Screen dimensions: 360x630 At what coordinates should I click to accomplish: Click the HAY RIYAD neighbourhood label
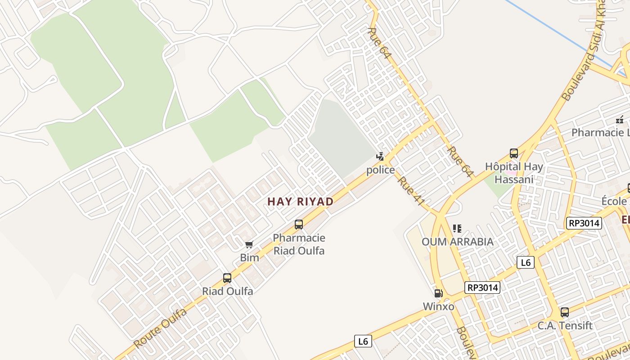[300, 202]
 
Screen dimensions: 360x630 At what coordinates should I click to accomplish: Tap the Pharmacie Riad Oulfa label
[299, 244]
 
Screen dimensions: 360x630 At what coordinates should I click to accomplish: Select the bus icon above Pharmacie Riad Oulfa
[298, 224]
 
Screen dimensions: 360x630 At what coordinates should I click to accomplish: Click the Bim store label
[249, 257]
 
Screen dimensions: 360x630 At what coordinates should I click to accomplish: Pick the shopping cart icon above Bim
[249, 244]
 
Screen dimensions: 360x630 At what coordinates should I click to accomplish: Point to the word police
[380, 170]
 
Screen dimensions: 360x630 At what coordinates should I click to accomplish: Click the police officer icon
[380, 157]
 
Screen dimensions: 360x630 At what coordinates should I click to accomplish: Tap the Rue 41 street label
[411, 191]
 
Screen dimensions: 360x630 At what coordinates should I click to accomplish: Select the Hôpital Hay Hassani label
[514, 173]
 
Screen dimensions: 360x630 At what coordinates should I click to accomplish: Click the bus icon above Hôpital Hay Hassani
[514, 153]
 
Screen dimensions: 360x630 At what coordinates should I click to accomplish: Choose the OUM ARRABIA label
[457, 242]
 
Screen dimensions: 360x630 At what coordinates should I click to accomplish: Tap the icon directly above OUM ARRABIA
[457, 229]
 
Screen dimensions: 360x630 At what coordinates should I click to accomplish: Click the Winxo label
[438, 306]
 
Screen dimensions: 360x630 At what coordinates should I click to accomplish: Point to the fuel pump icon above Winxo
[438, 293]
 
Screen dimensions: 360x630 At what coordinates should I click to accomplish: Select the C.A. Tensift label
[565, 325]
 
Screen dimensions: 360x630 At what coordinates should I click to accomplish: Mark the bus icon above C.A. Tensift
[565, 312]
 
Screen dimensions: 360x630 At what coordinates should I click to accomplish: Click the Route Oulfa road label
[160, 328]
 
